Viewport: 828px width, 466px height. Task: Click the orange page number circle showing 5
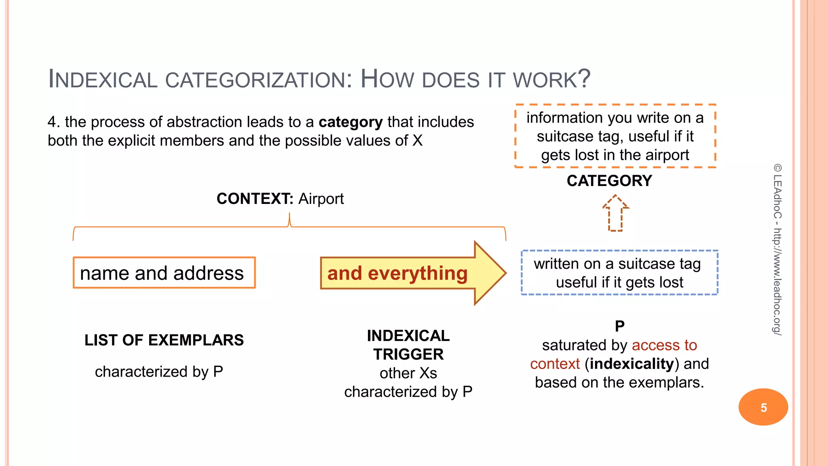[763, 407]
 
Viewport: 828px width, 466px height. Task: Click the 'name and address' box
[164, 273]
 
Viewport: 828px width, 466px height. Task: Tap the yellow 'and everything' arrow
[404, 273]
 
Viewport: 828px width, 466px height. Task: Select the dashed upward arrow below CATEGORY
[615, 213]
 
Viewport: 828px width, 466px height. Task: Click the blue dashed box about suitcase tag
[619, 273]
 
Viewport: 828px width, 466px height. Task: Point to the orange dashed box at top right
[615, 136]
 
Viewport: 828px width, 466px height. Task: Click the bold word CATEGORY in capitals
[609, 181]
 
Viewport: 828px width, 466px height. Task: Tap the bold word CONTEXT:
[255, 199]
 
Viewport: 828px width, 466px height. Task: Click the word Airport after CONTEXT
[321, 199]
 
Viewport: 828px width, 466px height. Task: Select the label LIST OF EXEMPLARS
[164, 340]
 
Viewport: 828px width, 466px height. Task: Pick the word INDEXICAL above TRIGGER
[408, 336]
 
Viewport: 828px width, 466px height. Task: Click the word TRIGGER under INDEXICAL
[408, 354]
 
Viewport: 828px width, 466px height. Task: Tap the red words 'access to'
[664, 345]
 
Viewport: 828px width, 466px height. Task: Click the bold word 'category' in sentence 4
[351, 122]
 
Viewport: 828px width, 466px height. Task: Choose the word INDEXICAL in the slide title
[103, 79]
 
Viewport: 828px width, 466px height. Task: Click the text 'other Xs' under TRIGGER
[408, 373]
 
